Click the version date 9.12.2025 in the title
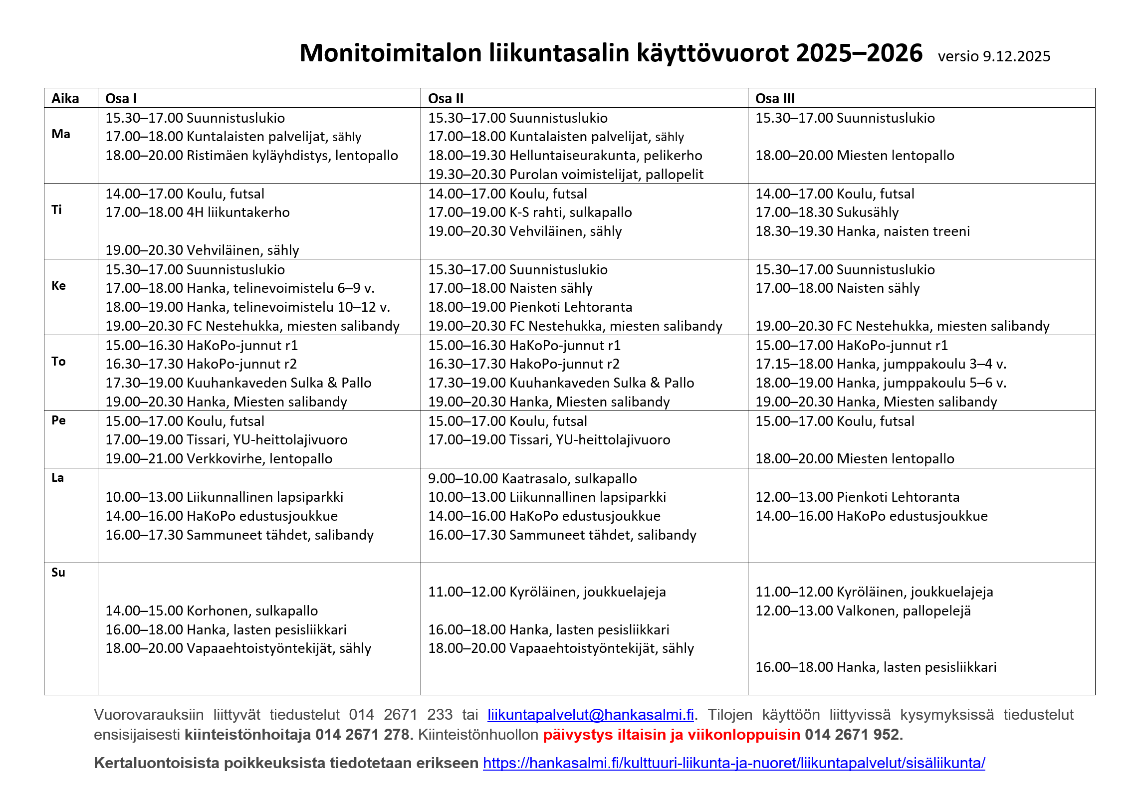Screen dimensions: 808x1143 (1016, 56)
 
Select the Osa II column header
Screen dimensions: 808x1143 (446, 98)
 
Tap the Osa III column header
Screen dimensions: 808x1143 (775, 98)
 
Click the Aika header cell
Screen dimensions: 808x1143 (65, 98)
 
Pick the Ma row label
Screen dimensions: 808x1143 (61, 134)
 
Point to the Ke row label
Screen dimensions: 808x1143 (59, 285)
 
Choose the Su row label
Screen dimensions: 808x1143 (58, 572)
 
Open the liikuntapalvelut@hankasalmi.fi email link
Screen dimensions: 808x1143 (590, 715)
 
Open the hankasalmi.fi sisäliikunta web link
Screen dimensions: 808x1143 (733, 763)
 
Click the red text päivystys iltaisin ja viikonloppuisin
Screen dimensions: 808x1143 (671, 735)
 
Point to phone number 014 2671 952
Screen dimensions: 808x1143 (853, 735)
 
